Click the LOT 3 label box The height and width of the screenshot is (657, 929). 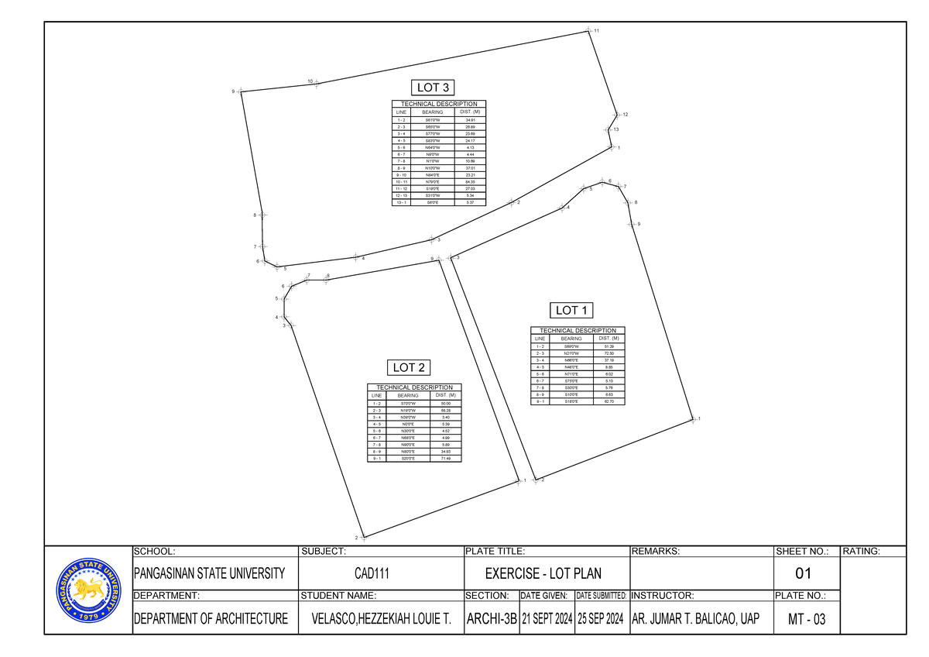[x=434, y=87]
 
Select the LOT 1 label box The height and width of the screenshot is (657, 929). [x=573, y=310]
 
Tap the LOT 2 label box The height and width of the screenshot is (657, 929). [x=410, y=367]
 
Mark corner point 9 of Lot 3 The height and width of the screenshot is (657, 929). [x=240, y=91]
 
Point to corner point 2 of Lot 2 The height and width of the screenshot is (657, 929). [x=362, y=536]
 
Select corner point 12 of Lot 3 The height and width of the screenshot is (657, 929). [x=616, y=115]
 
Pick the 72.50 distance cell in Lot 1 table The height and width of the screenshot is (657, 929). [x=608, y=353]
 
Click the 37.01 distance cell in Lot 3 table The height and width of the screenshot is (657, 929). [x=470, y=168]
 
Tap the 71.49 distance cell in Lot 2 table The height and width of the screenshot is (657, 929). [x=445, y=459]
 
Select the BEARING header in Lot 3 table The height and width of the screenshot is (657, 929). [x=433, y=112]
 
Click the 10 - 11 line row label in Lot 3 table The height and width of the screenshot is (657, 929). [x=401, y=182]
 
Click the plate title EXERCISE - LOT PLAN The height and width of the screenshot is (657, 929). [x=543, y=575]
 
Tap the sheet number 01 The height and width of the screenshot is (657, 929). [x=804, y=575]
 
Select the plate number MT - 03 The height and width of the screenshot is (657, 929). [x=805, y=619]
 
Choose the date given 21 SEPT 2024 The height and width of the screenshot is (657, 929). [x=546, y=619]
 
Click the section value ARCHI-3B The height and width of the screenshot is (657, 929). [x=490, y=619]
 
